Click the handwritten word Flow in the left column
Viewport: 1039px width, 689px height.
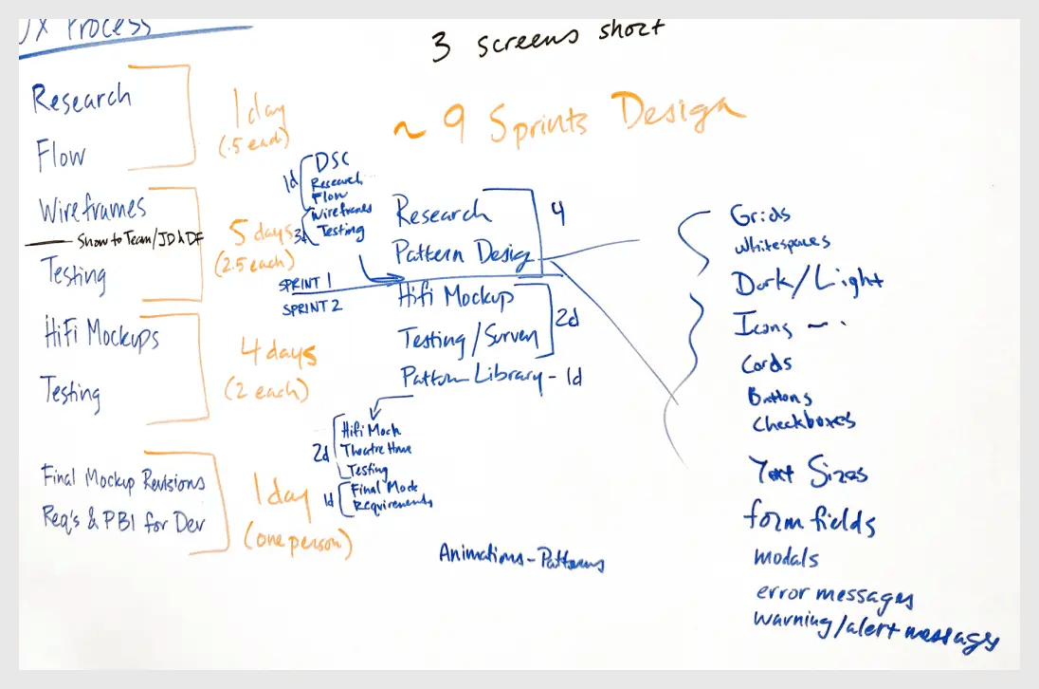tap(61, 155)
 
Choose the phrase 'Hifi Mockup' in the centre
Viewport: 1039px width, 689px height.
tap(457, 298)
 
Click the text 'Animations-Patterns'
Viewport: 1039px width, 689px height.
tap(520, 557)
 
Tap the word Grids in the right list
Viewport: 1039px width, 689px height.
tap(760, 215)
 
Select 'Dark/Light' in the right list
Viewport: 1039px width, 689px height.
tap(806, 281)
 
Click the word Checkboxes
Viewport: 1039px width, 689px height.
tap(803, 421)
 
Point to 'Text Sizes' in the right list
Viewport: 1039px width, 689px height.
tap(807, 471)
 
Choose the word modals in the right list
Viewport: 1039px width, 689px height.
tap(786, 557)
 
